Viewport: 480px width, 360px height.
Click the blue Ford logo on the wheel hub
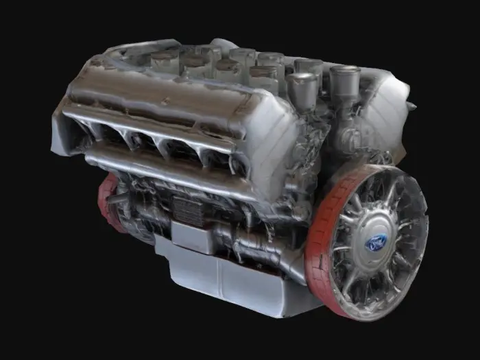click(x=376, y=241)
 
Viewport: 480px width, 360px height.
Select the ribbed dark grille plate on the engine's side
click(x=187, y=208)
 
